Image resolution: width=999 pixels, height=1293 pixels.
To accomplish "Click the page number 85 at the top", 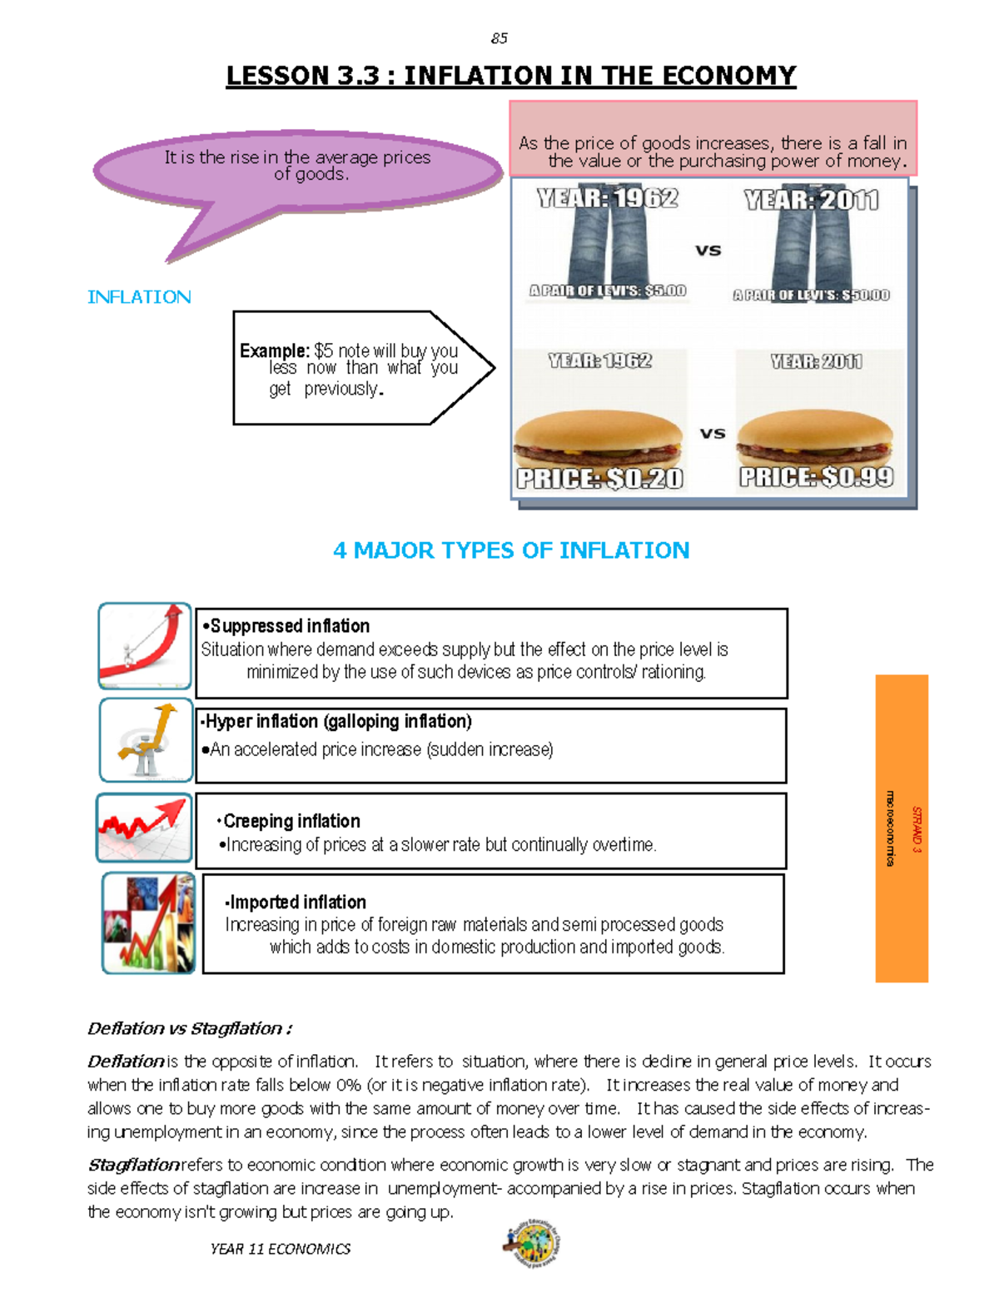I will point(499,38).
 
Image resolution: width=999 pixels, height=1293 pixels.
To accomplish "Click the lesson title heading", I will point(510,76).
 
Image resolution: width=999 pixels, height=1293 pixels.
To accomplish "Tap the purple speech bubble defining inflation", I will point(297,170).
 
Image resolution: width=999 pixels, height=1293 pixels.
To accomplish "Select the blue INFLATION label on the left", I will point(139,297).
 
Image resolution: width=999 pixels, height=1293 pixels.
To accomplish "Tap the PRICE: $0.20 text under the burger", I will point(599,479).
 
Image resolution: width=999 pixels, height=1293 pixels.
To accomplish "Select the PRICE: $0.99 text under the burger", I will point(816,477).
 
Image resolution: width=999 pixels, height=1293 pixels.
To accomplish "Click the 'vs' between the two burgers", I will point(712,433).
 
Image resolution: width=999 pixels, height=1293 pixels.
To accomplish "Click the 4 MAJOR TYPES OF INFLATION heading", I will point(510,550).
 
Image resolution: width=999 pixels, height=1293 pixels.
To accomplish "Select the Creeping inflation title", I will point(291,821).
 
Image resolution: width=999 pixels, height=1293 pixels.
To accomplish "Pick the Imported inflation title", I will point(296,902).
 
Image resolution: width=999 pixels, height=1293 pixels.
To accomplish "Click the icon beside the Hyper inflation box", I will point(147,740).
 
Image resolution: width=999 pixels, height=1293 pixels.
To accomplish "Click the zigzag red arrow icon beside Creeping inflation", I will point(144,828).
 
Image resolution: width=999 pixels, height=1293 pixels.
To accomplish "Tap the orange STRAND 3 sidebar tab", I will point(902,828).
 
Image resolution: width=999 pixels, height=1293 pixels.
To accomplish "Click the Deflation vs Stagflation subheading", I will point(190,1028).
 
